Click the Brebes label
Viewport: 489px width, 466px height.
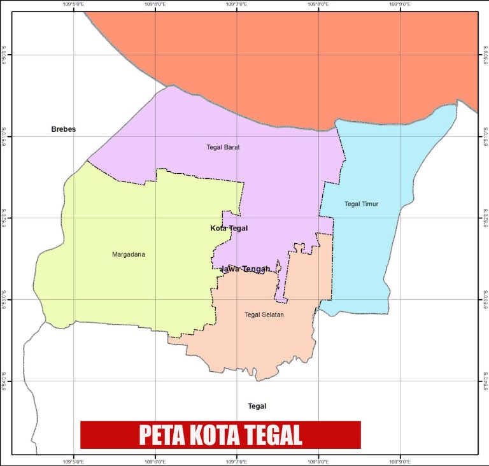(63, 129)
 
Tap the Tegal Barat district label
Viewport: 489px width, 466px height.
(223, 147)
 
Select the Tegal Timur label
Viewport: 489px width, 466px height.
(361, 204)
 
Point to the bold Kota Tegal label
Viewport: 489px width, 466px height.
(229, 228)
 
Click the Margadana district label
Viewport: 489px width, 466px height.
(129, 255)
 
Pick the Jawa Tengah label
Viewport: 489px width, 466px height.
(245, 269)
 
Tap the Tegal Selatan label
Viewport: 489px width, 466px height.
(264, 314)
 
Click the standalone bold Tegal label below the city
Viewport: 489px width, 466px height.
(257, 406)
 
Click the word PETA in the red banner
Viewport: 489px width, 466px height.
(159, 435)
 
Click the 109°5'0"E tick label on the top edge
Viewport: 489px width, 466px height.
(74, 4)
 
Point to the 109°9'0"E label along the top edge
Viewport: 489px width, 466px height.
(399, 4)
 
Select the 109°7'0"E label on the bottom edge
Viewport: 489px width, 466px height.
(237, 462)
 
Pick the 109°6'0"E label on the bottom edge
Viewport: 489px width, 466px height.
(156, 462)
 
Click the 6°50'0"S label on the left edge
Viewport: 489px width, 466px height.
(4, 55)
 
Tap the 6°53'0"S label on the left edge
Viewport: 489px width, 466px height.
(4, 299)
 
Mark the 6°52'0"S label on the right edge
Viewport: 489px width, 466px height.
(485, 218)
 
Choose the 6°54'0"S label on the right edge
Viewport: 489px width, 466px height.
(485, 381)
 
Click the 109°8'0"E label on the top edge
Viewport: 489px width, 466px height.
(318, 4)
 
